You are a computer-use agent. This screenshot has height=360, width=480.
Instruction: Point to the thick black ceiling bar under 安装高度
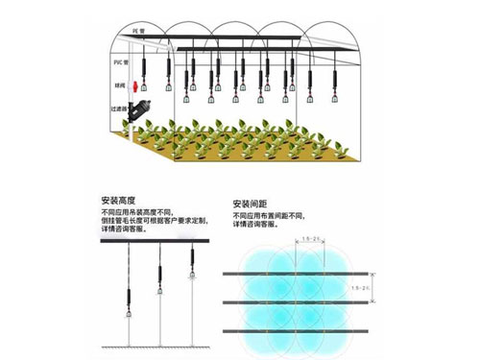coord(158,242)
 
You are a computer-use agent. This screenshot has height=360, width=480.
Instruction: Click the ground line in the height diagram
coord(158,346)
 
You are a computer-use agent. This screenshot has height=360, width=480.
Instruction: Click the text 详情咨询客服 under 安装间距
coord(255,228)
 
